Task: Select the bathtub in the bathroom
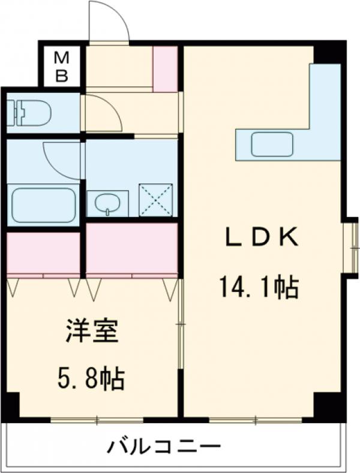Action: click(43, 204)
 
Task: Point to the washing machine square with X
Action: click(155, 200)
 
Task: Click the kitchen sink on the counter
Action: click(272, 144)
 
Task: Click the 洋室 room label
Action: click(92, 332)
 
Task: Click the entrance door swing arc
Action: click(109, 22)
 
